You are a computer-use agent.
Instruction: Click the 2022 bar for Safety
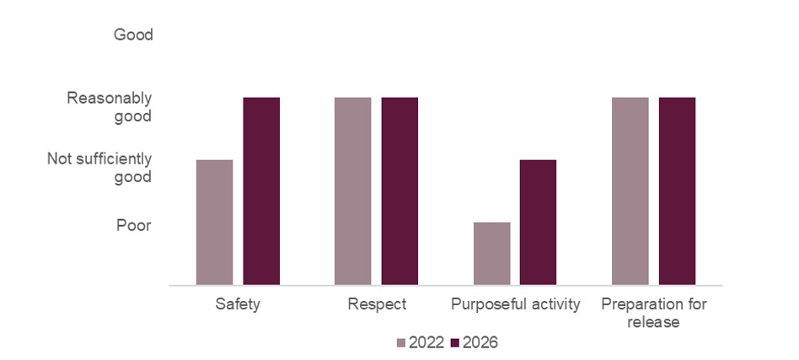214,223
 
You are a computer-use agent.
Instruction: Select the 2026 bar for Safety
261,191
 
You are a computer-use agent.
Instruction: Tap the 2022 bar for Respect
352,191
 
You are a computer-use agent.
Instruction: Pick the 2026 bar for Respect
399,191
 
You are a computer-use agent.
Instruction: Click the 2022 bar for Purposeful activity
491,254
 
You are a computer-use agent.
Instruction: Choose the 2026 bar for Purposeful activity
538,223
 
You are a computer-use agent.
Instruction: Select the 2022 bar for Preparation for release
630,191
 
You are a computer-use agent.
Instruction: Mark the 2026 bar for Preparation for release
677,191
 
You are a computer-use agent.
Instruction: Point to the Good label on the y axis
133,35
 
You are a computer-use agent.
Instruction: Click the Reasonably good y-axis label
110,107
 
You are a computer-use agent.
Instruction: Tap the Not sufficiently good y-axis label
99,168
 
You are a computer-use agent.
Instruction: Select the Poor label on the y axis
134,225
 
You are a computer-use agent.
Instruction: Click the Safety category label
238,304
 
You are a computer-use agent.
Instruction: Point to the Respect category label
377,304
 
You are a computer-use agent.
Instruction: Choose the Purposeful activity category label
515,304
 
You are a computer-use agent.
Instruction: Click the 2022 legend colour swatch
401,343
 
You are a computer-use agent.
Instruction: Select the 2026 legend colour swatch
456,343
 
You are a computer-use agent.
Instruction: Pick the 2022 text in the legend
426,343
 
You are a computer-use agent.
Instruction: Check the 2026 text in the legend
480,343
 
